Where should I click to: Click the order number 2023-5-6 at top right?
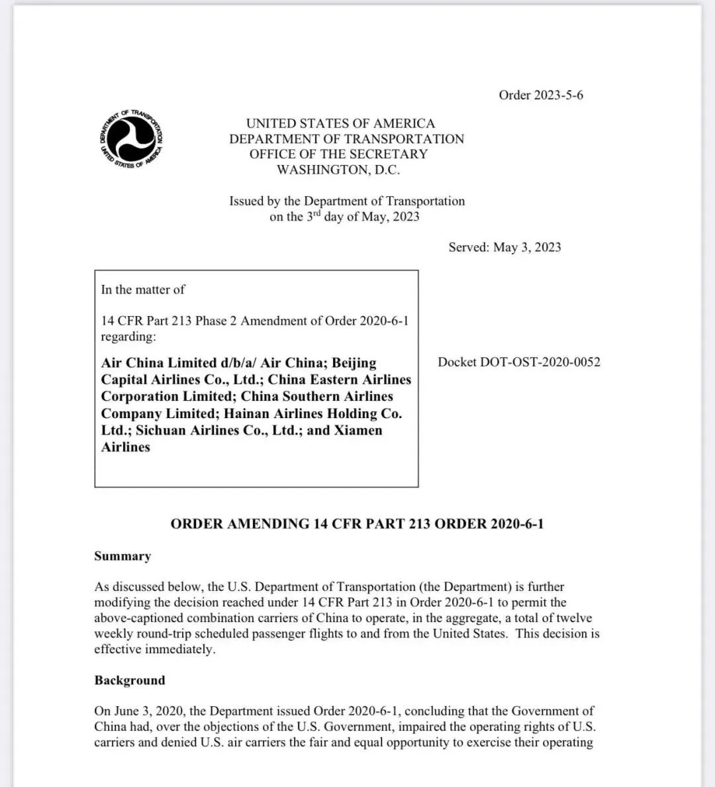[x=541, y=95]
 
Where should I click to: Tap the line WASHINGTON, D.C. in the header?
[x=338, y=170]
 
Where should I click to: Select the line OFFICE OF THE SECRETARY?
[x=338, y=154]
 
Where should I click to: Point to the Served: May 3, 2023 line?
[x=504, y=247]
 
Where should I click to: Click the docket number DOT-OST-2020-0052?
[x=519, y=362]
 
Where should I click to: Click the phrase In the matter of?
[x=143, y=289]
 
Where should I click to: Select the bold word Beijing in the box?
[x=354, y=363]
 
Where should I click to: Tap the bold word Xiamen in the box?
[x=358, y=430]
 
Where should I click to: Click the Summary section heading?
[x=122, y=556]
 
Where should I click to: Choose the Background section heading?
[x=130, y=680]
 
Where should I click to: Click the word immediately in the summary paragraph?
[x=179, y=649]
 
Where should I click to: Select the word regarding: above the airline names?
[x=128, y=337]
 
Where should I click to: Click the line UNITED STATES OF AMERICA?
[x=340, y=123]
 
